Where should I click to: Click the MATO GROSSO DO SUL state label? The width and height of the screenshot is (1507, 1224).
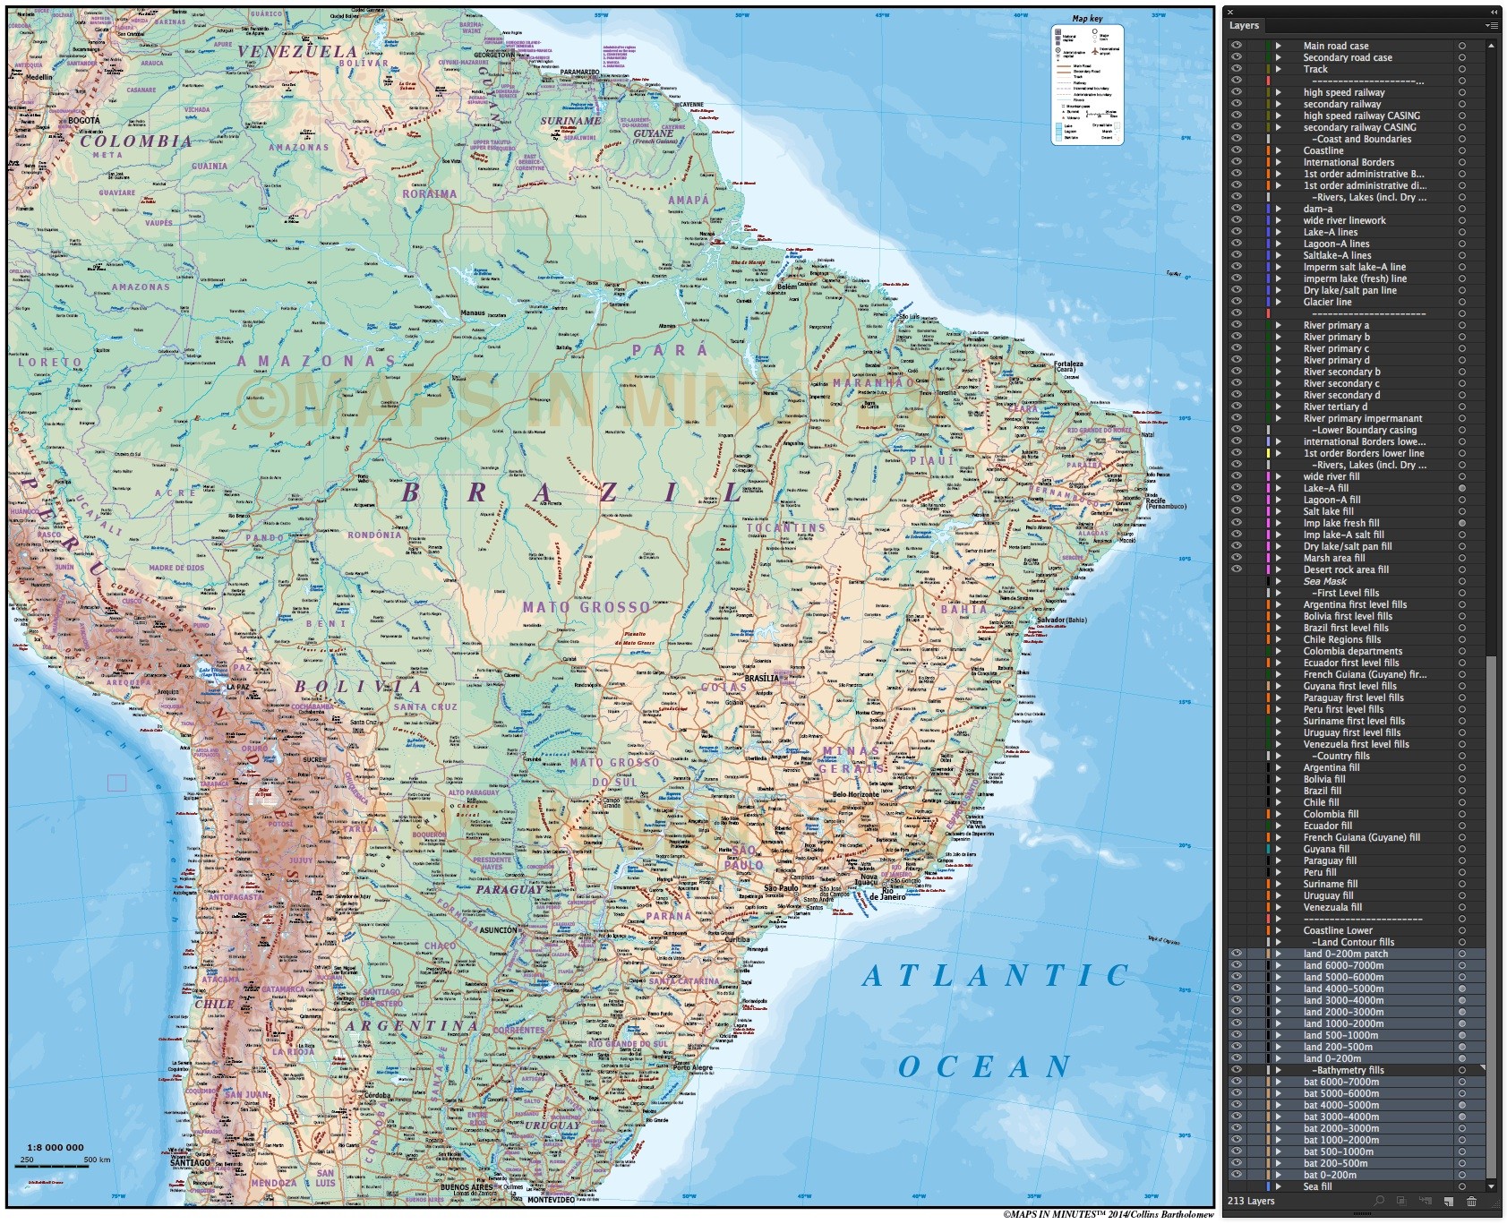(613, 771)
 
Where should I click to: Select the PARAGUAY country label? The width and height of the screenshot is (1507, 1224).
(509, 890)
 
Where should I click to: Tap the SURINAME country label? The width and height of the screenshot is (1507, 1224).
(570, 121)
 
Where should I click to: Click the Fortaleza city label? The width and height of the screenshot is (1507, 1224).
(1068, 364)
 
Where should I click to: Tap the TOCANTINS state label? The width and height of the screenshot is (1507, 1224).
(785, 528)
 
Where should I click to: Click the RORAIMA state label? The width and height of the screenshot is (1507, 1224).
(429, 194)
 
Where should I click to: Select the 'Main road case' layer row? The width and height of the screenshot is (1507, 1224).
(1335, 46)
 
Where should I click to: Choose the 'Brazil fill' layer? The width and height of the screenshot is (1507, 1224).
(1322, 791)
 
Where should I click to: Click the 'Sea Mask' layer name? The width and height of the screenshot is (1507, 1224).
(1324, 581)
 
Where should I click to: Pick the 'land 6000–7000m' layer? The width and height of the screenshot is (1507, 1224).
(1343, 965)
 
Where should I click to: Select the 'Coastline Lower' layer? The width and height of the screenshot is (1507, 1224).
(1338, 930)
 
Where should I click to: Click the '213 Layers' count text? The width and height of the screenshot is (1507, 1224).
(1251, 1201)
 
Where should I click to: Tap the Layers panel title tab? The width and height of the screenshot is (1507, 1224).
(1244, 26)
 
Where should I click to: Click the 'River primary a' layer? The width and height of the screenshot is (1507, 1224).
(1336, 325)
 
